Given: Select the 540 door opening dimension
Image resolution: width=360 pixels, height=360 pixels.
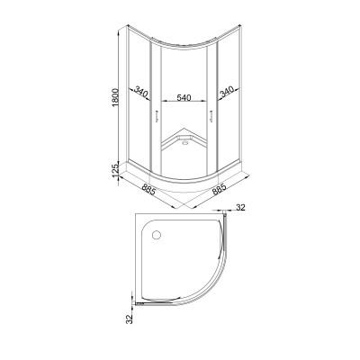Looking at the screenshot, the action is coord(184,97).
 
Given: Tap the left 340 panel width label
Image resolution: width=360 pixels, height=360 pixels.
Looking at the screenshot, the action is coord(141,92).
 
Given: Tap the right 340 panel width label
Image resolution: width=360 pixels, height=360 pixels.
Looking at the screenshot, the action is coord(227,93).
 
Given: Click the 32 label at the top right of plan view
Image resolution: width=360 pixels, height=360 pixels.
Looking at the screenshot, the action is coord(240,207).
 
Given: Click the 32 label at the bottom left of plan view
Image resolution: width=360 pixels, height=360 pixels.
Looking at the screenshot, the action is coord(130,319).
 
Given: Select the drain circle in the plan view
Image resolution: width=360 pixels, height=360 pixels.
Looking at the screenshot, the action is coord(157,235).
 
